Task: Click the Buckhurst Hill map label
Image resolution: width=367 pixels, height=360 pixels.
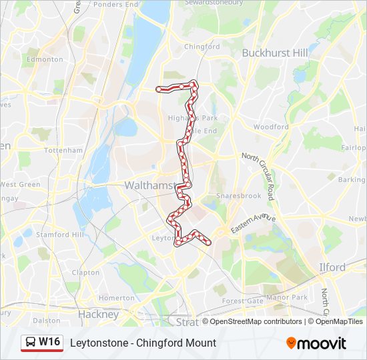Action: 275,53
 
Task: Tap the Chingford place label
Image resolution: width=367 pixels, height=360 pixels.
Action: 202,47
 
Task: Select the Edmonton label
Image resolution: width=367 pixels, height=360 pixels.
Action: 44,59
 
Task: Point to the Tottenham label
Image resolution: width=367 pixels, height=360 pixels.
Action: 63,151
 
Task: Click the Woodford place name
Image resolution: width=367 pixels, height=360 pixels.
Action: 271,127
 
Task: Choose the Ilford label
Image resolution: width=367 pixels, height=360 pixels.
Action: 332,267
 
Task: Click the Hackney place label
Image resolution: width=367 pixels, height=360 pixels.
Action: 98,314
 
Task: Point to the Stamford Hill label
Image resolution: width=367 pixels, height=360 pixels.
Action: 61,235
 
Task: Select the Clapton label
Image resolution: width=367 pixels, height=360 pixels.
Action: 85,273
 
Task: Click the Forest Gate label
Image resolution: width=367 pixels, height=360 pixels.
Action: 242,301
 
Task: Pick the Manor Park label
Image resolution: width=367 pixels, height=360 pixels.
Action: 286,297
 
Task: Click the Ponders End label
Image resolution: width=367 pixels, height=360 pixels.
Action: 116,4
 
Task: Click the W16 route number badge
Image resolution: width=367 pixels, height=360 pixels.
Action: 49,342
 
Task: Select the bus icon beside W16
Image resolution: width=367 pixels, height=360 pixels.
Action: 30,343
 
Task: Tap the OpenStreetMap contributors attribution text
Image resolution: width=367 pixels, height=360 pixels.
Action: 256,321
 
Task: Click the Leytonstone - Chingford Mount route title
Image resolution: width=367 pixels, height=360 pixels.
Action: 143,343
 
